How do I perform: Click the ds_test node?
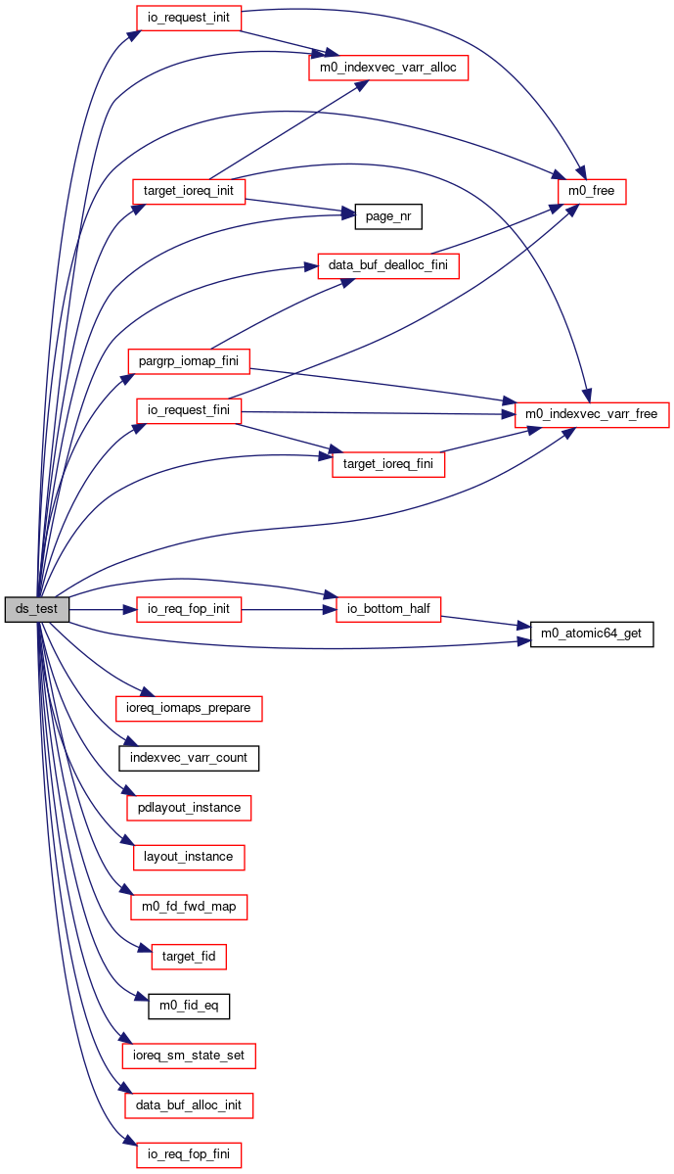pyautogui.click(x=36, y=609)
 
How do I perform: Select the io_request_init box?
pyautogui.click(x=188, y=18)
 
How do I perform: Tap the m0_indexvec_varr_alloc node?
pyautogui.click(x=388, y=68)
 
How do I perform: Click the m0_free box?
pyautogui.click(x=591, y=191)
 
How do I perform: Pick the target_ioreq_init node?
pyautogui.click(x=189, y=191)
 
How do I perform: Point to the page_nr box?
pyautogui.click(x=387, y=216)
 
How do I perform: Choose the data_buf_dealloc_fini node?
pyautogui.click(x=388, y=265)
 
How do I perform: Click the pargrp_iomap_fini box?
pyautogui.click(x=189, y=361)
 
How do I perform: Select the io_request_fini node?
pyautogui.click(x=189, y=410)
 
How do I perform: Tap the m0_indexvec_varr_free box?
pyautogui.click(x=591, y=414)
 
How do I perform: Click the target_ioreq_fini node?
pyautogui.click(x=387, y=464)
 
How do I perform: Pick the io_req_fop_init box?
pyautogui.click(x=189, y=609)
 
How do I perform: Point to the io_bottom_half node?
pyautogui.click(x=388, y=609)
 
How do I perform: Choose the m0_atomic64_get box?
pyautogui.click(x=591, y=634)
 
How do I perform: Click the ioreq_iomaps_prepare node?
pyautogui.click(x=189, y=708)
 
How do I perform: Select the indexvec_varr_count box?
pyautogui.click(x=189, y=758)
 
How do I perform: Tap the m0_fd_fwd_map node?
pyautogui.click(x=189, y=907)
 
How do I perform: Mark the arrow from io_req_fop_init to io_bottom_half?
pyautogui.click(x=288, y=609)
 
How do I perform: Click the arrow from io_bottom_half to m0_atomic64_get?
pyautogui.click(x=485, y=623)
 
